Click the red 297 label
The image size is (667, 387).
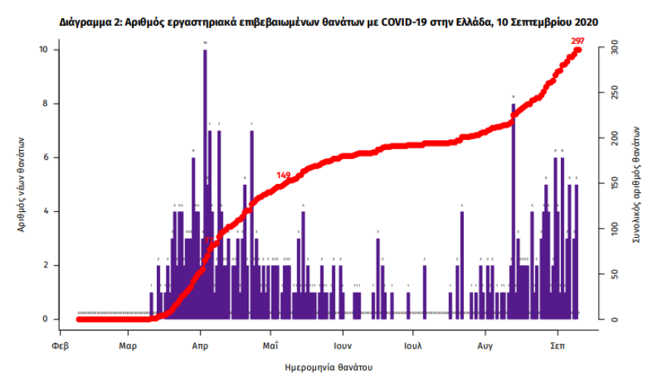pos(578,39)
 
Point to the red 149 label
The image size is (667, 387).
pos(283,176)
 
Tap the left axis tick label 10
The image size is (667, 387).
pos(45,50)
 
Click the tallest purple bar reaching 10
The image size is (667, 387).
pos(205,182)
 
